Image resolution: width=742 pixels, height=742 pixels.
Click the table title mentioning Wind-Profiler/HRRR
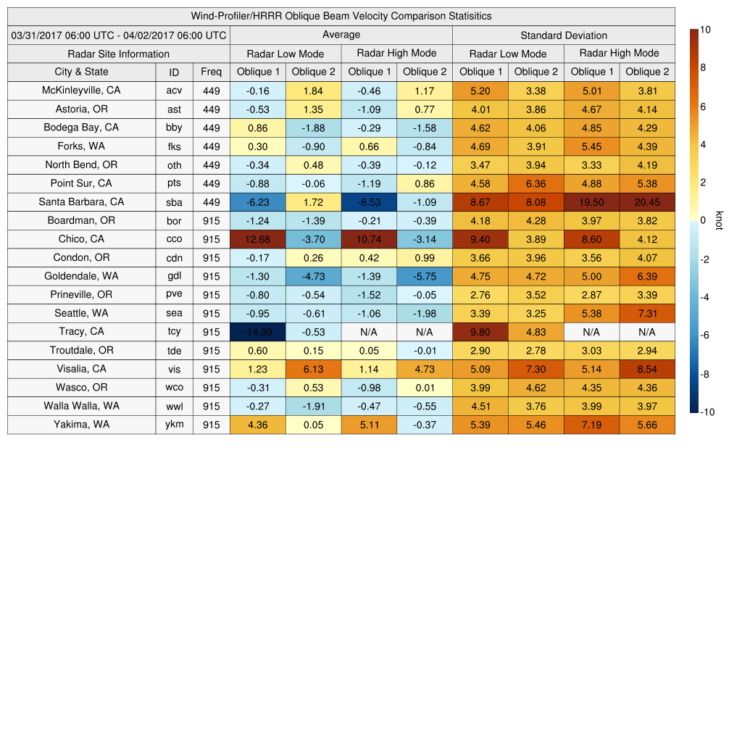coord(341,16)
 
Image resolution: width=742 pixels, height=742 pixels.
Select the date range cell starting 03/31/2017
coord(119,35)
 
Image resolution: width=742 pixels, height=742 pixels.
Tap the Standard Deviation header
coord(564,35)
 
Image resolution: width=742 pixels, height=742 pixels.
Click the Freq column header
coord(211,72)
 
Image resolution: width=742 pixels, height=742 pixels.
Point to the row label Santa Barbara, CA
coord(82,202)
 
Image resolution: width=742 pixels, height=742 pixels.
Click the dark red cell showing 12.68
coord(258,239)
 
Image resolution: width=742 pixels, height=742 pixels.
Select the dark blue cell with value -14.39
coord(258,332)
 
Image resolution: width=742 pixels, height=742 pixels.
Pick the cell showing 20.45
coord(647,202)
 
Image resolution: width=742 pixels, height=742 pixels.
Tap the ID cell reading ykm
coord(174,425)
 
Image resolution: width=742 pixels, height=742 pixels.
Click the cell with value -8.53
coord(369,202)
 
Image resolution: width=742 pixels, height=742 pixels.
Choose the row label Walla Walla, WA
coord(82,406)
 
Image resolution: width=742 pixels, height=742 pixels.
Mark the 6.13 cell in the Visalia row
coord(313,369)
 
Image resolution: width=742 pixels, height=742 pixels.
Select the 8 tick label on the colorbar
coord(703,68)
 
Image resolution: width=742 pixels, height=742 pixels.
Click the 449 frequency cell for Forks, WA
coord(211,146)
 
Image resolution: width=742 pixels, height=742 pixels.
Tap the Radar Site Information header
coord(119,54)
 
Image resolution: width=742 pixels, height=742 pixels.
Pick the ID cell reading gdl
coord(174,276)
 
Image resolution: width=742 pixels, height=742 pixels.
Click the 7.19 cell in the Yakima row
coord(591,425)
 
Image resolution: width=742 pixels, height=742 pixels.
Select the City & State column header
coord(82,72)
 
